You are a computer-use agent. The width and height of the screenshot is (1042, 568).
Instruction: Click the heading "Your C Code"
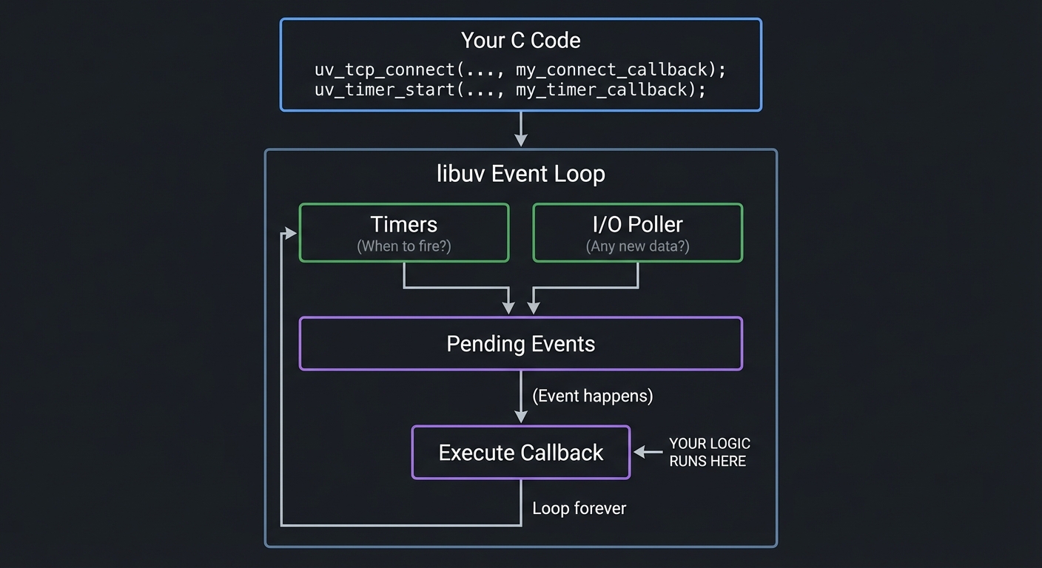[x=520, y=40]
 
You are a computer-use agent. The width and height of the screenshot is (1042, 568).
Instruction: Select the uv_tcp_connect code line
[x=520, y=70]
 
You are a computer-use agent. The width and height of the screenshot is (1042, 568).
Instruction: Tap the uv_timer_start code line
[x=511, y=89]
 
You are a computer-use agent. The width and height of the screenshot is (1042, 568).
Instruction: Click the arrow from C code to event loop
[x=521, y=129]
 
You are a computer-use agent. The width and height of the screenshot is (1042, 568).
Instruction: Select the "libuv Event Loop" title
[x=520, y=174]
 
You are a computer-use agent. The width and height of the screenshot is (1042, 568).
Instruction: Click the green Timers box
[x=404, y=232]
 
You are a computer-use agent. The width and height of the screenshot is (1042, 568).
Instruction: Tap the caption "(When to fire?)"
[x=404, y=246]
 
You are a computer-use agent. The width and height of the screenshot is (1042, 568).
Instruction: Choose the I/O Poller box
[x=637, y=232]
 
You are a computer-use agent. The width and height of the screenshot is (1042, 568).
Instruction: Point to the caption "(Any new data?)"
[x=637, y=246]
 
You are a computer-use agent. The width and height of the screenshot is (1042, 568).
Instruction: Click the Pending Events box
[x=520, y=344]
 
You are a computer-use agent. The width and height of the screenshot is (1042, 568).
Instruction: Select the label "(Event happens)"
[x=592, y=396]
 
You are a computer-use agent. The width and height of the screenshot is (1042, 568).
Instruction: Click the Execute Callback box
[x=520, y=453]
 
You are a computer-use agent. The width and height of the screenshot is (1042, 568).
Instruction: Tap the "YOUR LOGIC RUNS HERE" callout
[x=709, y=452]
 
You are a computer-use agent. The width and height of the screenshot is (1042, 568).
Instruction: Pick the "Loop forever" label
[x=579, y=508]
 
